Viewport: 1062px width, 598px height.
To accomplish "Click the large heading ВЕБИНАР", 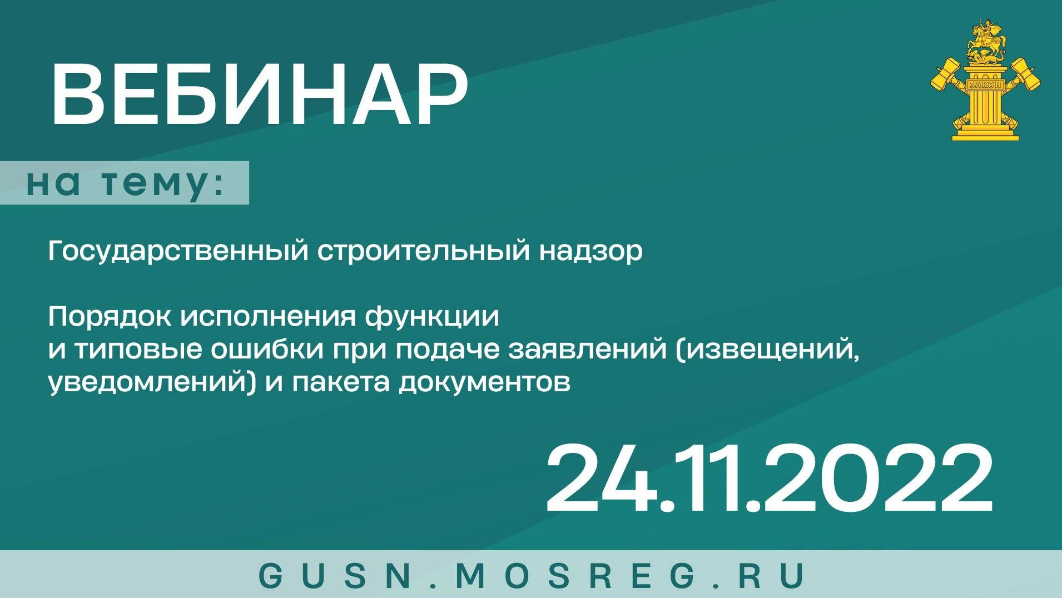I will tap(259, 94).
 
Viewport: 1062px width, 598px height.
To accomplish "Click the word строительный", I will tap(424, 251).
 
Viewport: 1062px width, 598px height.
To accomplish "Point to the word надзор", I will tap(590, 251).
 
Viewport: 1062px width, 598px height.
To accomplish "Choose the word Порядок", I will tap(109, 317).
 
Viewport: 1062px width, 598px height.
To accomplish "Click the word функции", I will tap(432, 317).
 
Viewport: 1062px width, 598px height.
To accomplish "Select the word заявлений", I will tap(587, 350).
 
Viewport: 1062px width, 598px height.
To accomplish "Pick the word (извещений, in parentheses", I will tap(767, 350).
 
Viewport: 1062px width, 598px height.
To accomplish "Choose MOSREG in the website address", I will tap(575, 575).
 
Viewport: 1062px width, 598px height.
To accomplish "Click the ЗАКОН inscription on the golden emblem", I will tap(985, 85).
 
